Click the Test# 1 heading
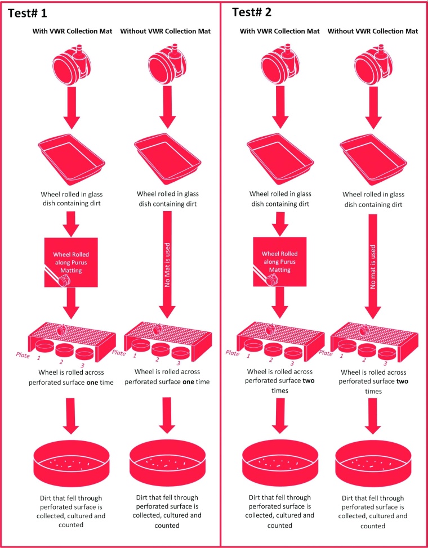coord(27,14)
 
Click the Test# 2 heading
coord(252,12)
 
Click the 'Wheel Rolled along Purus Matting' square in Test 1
coord(71,263)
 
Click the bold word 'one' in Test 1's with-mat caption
coord(92,382)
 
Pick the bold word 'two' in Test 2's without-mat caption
coord(402,381)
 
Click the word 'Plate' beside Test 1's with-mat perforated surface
coord(23,354)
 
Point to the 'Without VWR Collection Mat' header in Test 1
coord(166,31)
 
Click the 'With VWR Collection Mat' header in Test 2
coord(280,31)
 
